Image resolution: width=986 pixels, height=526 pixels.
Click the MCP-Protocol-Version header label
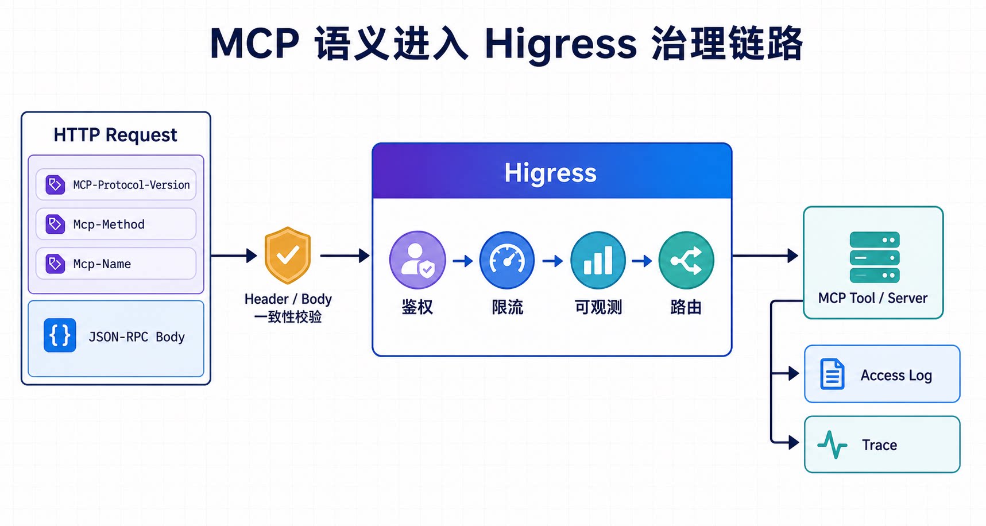tap(131, 185)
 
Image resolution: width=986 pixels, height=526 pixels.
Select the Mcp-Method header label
tap(109, 225)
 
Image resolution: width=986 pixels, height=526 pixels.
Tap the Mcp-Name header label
tap(102, 264)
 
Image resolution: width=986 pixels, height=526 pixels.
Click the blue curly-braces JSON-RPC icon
tap(60, 335)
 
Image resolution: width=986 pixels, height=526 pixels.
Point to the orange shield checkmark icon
tap(287, 255)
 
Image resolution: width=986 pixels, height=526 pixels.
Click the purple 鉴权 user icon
tap(417, 260)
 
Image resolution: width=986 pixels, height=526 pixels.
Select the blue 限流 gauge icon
tap(507, 260)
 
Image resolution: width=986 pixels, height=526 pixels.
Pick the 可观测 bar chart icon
tap(598, 260)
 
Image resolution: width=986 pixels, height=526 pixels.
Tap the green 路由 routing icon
tap(686, 260)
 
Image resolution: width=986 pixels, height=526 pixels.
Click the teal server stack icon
tap(875, 257)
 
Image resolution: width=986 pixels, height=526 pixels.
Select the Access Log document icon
tap(832, 374)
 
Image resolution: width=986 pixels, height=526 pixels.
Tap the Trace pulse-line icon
tap(832, 444)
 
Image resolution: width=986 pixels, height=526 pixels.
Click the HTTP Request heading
tap(115, 135)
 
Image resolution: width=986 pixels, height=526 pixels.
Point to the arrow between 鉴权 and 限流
tap(463, 261)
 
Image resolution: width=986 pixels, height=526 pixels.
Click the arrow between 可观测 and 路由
tap(642, 261)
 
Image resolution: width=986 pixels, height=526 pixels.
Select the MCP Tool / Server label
tap(873, 298)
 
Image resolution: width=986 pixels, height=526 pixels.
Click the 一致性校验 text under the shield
tap(288, 317)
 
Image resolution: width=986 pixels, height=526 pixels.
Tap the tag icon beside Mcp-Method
tap(55, 224)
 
